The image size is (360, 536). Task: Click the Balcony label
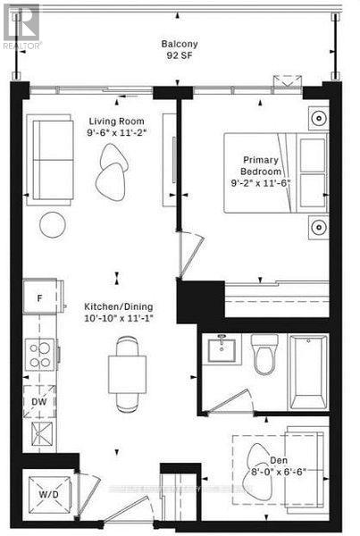(179, 44)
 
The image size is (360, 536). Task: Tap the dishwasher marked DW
(39, 402)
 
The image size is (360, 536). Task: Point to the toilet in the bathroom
(265, 355)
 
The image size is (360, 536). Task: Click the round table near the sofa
(54, 223)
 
